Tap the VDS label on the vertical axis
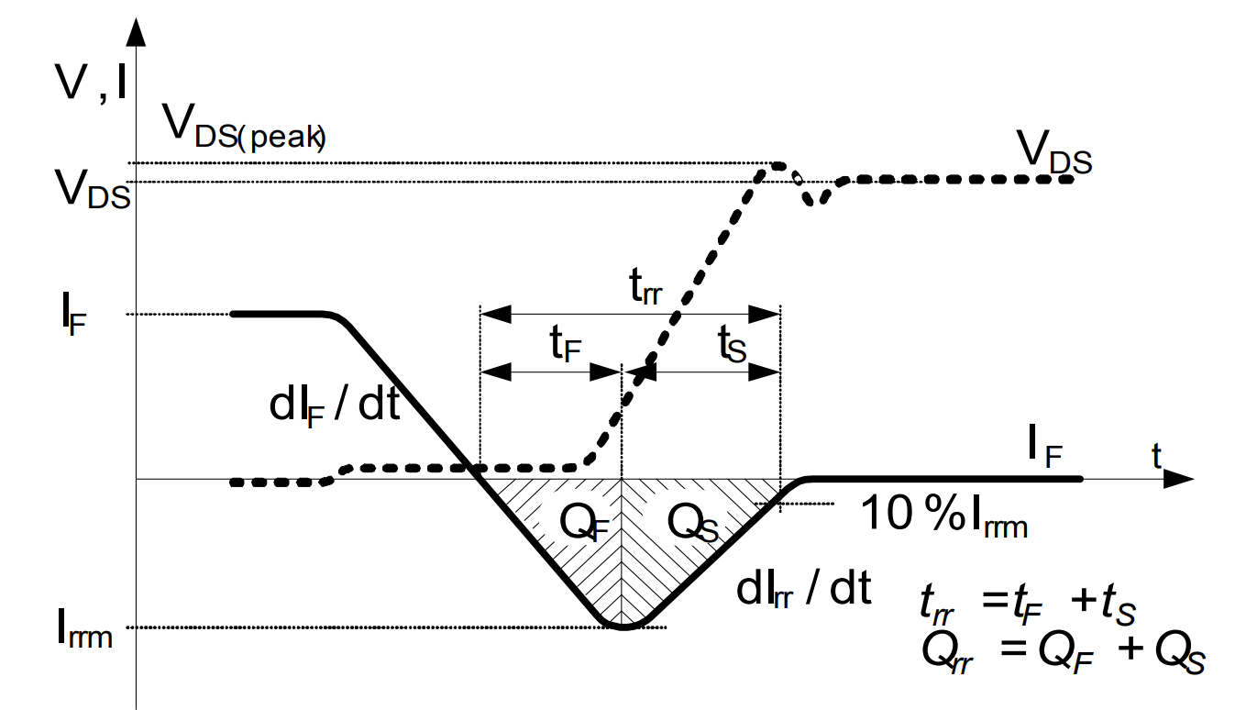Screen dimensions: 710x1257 (93, 190)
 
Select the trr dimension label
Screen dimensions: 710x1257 (644, 288)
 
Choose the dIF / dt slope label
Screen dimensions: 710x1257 (335, 405)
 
